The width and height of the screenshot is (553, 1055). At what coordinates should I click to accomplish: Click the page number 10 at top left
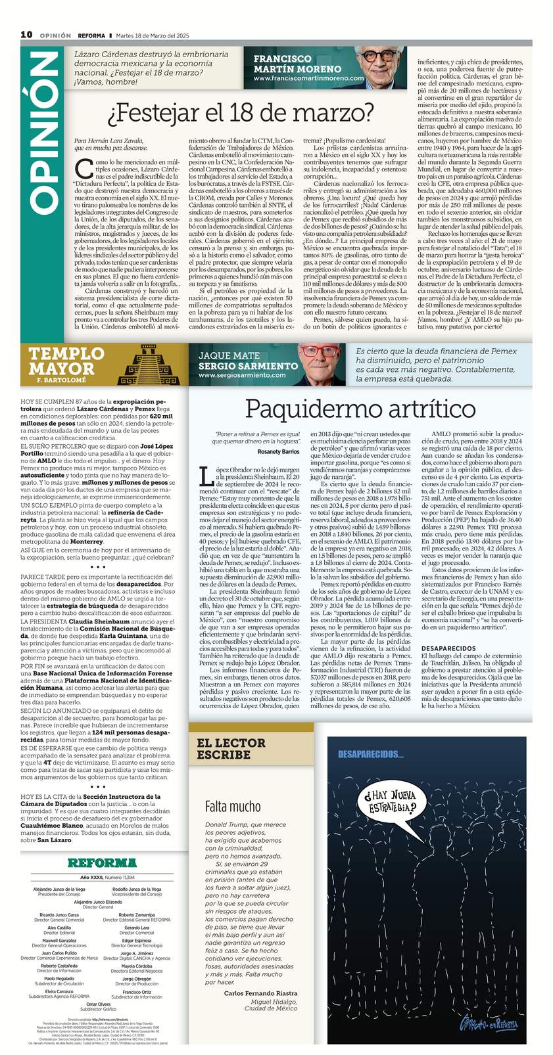(26, 34)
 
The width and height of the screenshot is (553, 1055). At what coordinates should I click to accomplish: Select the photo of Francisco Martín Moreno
(385, 67)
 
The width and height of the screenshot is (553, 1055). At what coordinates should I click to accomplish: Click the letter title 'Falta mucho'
(233, 806)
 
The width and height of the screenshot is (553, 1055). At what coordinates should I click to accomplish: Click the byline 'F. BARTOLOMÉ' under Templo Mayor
(62, 381)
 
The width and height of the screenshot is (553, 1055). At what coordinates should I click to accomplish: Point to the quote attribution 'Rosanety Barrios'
(279, 452)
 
